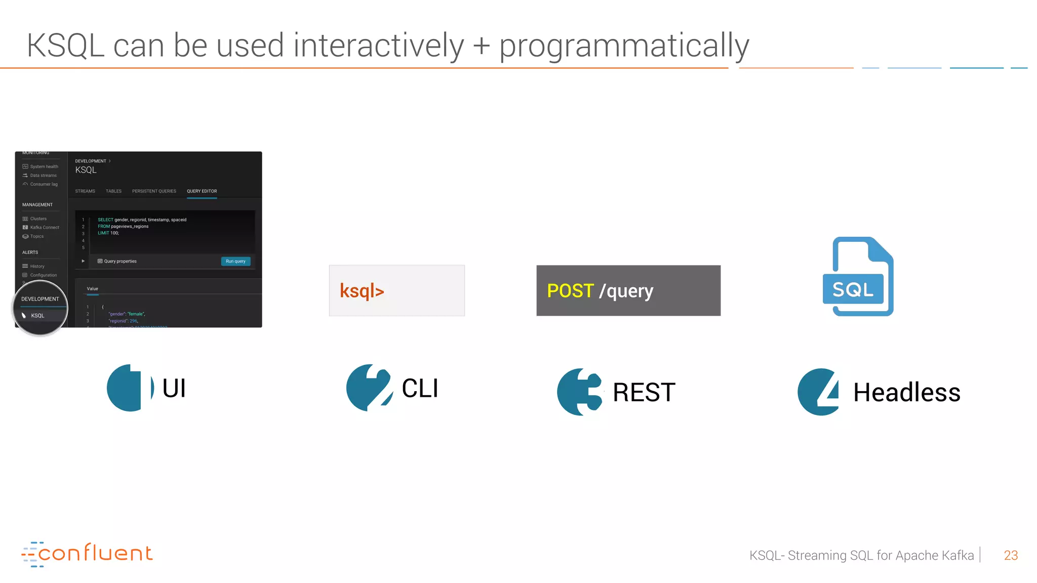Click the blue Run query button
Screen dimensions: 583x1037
pyautogui.click(x=235, y=261)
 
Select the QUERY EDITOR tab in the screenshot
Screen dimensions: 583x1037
pyautogui.click(x=202, y=191)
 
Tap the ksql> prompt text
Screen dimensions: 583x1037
pyautogui.click(x=362, y=291)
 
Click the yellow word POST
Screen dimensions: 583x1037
pyautogui.click(x=570, y=291)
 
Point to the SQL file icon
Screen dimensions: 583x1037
pyautogui.click(x=858, y=277)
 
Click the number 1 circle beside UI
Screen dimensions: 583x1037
pyautogui.click(x=130, y=388)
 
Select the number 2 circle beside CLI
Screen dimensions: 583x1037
pyautogui.click(x=370, y=388)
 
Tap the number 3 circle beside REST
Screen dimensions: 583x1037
pyautogui.click(x=580, y=392)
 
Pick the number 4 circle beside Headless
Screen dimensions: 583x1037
pyautogui.click(x=818, y=392)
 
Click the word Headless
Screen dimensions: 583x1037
pyautogui.click(x=906, y=392)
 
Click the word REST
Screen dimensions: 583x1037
pyautogui.click(x=644, y=392)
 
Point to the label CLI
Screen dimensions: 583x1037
pyautogui.click(x=420, y=388)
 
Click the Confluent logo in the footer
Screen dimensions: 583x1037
pyautogui.click(x=87, y=554)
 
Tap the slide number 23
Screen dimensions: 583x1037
pyautogui.click(x=1010, y=555)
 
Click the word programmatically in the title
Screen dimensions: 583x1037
pyautogui.click(x=624, y=46)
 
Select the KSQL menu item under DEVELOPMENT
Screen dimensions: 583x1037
pyautogui.click(x=37, y=316)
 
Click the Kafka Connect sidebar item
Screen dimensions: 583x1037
pyautogui.click(x=44, y=228)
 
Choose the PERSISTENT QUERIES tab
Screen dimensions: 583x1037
pyautogui.click(x=154, y=191)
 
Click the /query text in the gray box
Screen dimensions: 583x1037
pyautogui.click(x=626, y=291)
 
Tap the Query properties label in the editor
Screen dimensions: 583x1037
pyautogui.click(x=120, y=261)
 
